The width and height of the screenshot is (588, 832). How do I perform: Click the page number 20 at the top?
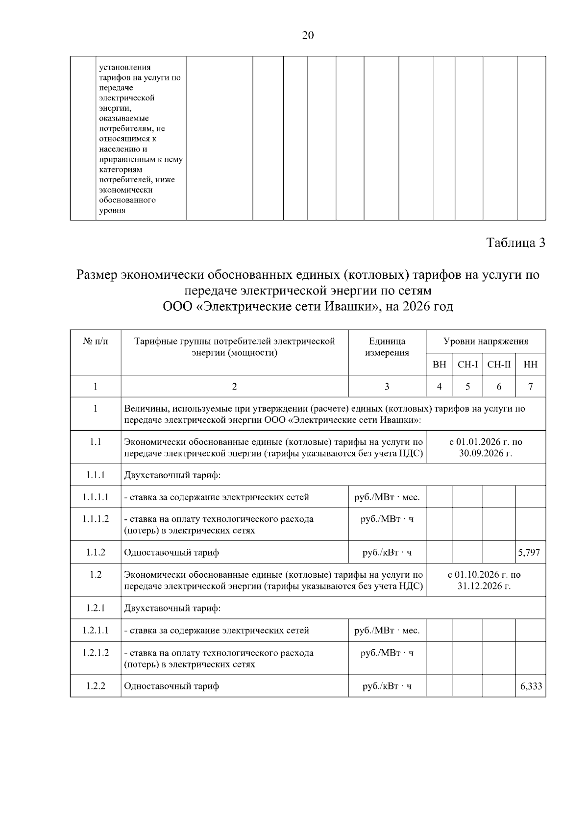click(308, 35)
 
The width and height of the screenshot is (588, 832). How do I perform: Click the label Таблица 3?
click(515, 243)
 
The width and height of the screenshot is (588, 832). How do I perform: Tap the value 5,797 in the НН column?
click(530, 552)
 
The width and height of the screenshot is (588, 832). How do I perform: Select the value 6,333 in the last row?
click(531, 686)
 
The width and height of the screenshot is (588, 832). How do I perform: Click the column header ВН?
click(440, 365)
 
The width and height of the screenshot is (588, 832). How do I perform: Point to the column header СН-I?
click(467, 365)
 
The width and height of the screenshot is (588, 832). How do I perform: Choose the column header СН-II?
click(499, 365)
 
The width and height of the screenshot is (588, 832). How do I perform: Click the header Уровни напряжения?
click(486, 342)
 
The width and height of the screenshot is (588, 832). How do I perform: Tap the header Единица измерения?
click(387, 347)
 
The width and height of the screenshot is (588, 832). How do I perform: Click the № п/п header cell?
click(96, 342)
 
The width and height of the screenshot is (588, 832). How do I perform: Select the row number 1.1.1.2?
click(96, 518)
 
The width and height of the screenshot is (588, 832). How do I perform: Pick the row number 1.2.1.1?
click(96, 630)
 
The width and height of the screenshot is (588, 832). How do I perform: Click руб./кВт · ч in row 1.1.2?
click(387, 552)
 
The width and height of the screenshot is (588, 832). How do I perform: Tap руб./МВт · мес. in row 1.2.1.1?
click(387, 630)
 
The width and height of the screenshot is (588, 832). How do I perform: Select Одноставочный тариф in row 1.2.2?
click(171, 686)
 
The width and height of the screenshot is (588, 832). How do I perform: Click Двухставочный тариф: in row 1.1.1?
click(172, 475)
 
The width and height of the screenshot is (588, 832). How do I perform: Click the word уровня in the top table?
click(112, 211)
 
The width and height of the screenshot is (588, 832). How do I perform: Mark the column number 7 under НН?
click(530, 387)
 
